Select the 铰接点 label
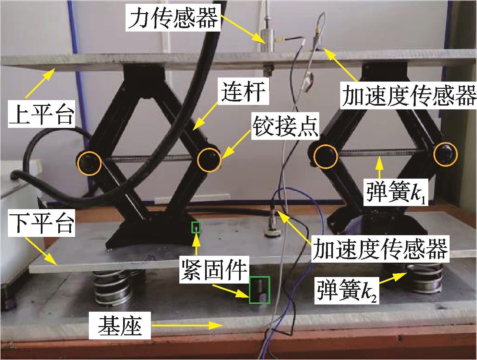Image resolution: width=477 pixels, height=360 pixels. [x=285, y=126]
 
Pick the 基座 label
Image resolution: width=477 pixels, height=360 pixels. [x=120, y=325]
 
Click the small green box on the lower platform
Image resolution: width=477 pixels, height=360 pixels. [x=195, y=227]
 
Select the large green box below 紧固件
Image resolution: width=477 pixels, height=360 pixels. [x=260, y=290]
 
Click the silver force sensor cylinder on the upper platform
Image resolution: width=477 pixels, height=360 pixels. [x=266, y=40]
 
